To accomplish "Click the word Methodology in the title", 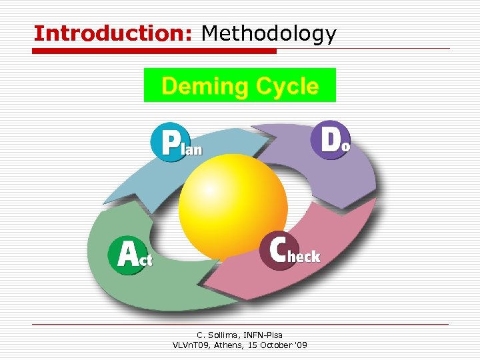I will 269,33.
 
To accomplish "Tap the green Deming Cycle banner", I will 240,85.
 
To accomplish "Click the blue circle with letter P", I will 173,141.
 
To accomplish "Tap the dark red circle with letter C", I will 278,251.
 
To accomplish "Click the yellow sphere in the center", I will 233,197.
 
